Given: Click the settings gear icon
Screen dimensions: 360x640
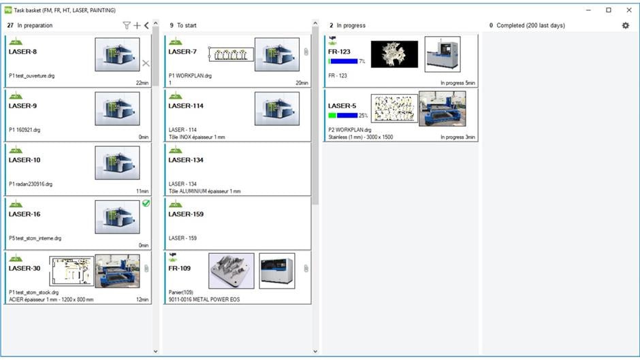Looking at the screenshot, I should pos(626,25).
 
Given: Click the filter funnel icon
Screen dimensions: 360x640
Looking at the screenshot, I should pos(127,25).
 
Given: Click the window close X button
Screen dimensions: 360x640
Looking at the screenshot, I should pos(628,10).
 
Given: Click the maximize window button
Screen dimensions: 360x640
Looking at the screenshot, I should pos(609,10).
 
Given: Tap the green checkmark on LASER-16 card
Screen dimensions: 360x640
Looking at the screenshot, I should pos(146,203).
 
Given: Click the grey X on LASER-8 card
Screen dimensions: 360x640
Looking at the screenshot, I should pos(146,63).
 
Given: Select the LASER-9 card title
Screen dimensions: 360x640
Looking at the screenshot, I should pos(23,106).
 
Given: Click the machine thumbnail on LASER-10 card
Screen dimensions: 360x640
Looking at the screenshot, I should pos(117,163).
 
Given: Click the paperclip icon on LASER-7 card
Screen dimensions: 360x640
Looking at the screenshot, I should pos(306,52).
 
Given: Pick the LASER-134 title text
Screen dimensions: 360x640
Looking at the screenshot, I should pos(186,161).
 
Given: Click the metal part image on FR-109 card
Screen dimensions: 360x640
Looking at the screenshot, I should pos(231,270).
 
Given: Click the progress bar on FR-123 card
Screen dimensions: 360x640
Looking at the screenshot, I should pos(343,61).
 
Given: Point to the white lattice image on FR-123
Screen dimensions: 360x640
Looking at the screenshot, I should pos(394,54).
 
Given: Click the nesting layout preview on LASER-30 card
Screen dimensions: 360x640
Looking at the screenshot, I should pos(71,271).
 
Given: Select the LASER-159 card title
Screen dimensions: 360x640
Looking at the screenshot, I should pos(186,214).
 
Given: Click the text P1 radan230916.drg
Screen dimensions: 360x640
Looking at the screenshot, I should pos(31,184).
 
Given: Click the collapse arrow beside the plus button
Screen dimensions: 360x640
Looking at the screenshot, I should pos(146,25).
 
